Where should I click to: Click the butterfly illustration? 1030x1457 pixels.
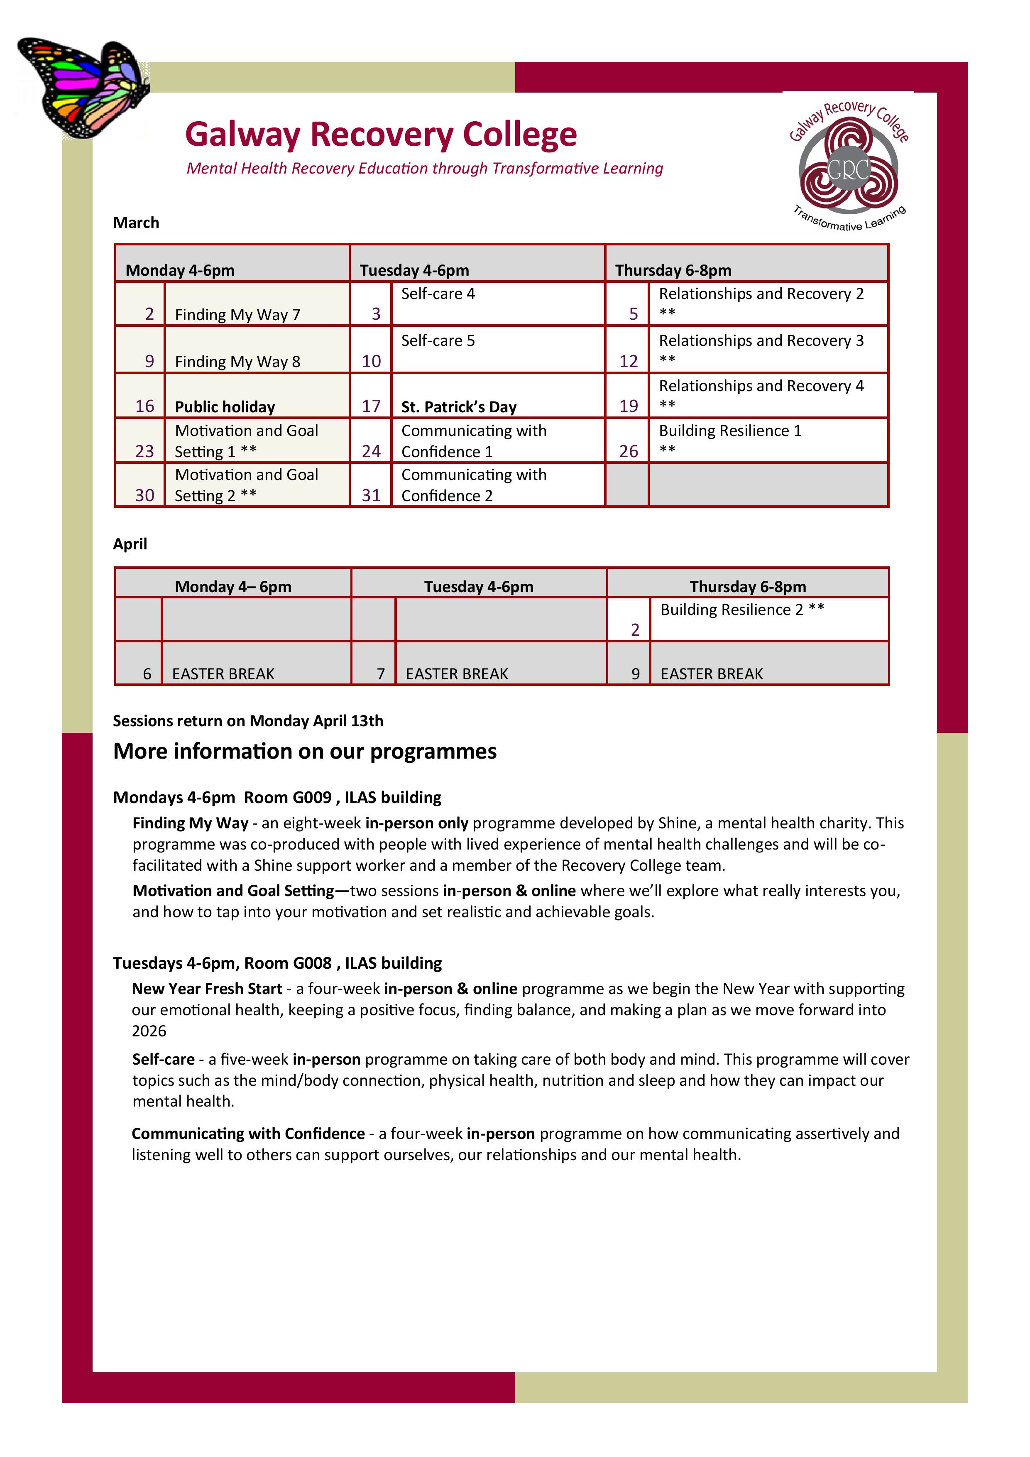[x=83, y=88]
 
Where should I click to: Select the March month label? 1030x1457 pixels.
[x=136, y=223]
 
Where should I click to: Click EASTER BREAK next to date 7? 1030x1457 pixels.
[x=457, y=674]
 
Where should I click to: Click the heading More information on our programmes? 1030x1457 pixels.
[x=305, y=752]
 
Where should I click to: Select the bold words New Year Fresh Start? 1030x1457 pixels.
[x=207, y=989]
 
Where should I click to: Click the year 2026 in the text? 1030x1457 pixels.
[x=149, y=1031]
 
